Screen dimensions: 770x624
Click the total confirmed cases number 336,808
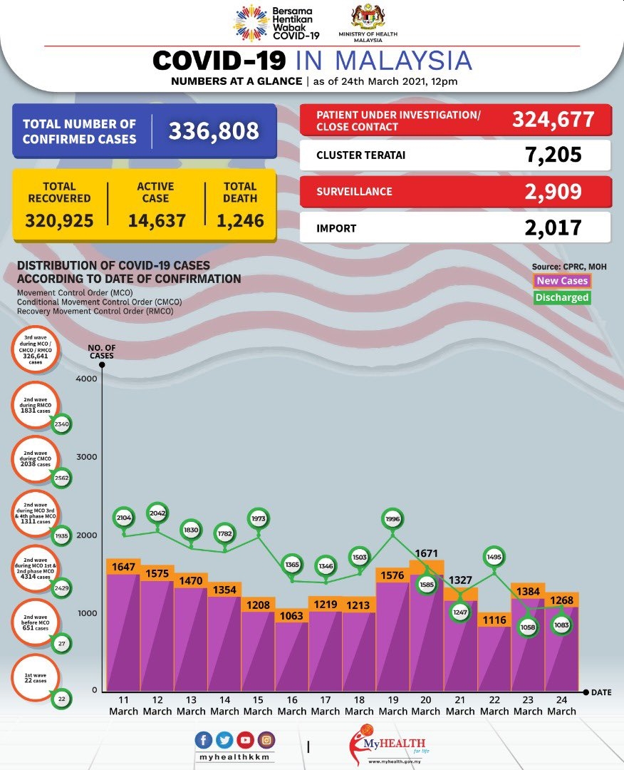click(x=213, y=130)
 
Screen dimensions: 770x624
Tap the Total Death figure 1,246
click(x=240, y=220)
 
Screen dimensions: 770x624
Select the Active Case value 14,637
click(x=157, y=220)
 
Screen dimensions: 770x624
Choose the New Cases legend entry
click(x=562, y=281)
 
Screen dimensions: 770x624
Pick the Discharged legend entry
click(x=562, y=297)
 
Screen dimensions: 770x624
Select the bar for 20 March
click(x=426, y=627)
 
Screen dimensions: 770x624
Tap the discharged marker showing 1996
click(x=392, y=520)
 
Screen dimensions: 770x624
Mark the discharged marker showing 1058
click(x=528, y=627)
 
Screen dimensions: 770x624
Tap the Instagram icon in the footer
click(x=266, y=740)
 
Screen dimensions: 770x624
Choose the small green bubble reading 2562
click(x=61, y=478)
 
